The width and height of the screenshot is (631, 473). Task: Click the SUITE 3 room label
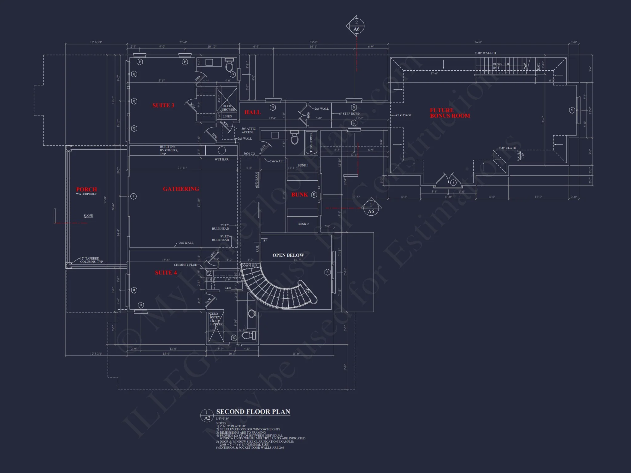[163, 105]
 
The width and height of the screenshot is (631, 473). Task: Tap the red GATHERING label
[181, 189]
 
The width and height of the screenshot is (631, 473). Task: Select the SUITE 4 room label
[166, 273]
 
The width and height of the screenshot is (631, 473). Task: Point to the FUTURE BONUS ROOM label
[450, 113]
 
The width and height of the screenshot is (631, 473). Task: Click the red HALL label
[252, 112]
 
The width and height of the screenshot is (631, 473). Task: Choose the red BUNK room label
[299, 195]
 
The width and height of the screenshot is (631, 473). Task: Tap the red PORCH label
[86, 190]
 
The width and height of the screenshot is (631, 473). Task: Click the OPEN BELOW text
[288, 255]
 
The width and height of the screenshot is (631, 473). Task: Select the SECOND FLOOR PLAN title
[253, 412]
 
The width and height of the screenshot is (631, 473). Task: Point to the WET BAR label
[221, 160]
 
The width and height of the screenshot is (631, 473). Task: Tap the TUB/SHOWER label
[311, 143]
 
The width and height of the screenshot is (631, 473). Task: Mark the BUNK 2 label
[303, 224]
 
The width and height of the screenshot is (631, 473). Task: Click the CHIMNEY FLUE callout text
[185, 265]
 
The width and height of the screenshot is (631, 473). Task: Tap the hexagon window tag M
[572, 110]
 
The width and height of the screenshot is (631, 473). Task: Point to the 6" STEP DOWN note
[350, 114]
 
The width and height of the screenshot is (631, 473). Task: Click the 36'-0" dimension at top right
[478, 42]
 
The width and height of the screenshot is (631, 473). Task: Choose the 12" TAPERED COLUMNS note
[91, 260]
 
